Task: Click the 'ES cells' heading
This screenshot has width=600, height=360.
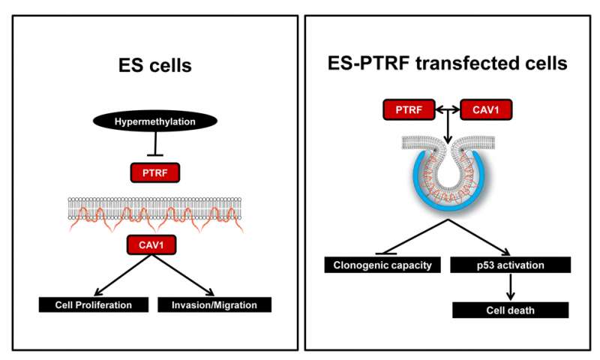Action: pos(154,65)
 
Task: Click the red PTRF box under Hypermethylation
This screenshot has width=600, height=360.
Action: pos(154,175)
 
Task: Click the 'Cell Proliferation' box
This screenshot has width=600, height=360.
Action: pos(94,304)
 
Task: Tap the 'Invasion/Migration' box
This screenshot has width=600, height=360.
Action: pos(214,304)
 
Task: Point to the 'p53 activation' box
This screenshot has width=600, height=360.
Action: pos(511,264)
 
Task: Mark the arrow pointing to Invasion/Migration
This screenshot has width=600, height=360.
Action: pos(187,274)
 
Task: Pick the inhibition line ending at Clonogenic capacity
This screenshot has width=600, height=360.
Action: pos(409,238)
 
